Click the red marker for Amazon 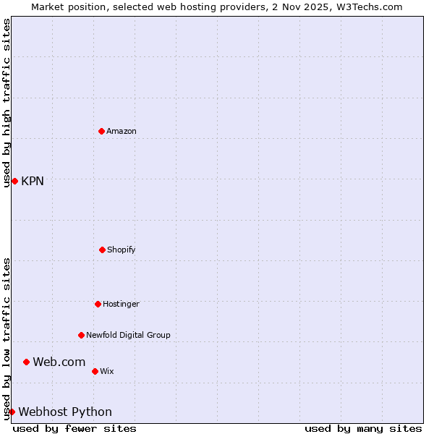[101, 131]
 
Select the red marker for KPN [14, 181]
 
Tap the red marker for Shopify [102, 250]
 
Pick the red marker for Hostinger [98, 304]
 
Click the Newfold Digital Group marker [81, 335]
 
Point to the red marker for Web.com [26, 362]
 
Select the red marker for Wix [95, 371]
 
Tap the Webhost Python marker [12, 412]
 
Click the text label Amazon [122, 131]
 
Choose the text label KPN [33, 181]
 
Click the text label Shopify [122, 250]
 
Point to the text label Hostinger [121, 304]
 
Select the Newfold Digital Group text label [128, 335]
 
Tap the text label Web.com [59, 362]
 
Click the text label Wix [107, 371]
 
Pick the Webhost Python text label [65, 412]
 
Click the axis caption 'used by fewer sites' [75, 428]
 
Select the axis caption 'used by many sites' [363, 428]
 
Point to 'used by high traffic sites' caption [7, 103]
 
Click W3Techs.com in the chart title [369, 7]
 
